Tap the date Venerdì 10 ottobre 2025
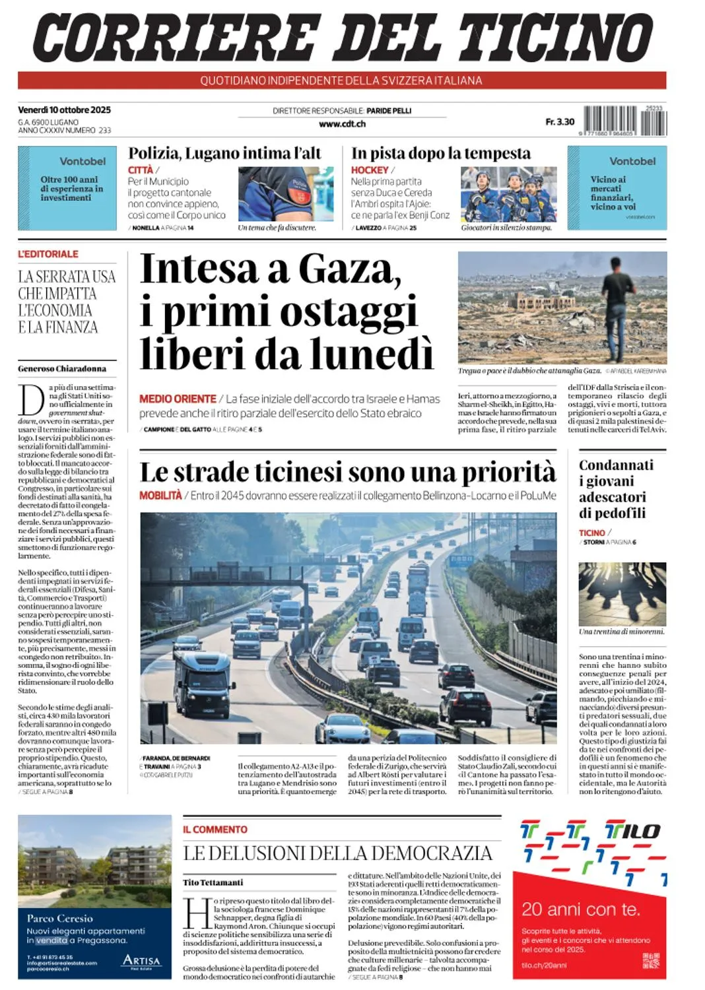pyautogui.click(x=64, y=110)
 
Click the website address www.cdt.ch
pyautogui.click(x=342, y=123)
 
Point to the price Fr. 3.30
pyautogui.click(x=560, y=122)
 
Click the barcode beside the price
pyautogui.click(x=624, y=121)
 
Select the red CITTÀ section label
pyautogui.click(x=140, y=170)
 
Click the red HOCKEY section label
pyautogui.click(x=370, y=170)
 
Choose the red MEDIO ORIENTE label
pyautogui.click(x=178, y=399)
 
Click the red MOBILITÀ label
pyautogui.click(x=160, y=496)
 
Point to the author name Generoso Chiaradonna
pyautogui.click(x=62, y=368)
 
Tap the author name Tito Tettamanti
pyautogui.click(x=213, y=882)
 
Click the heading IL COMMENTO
pyautogui.click(x=215, y=830)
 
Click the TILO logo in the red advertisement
pyautogui.click(x=632, y=831)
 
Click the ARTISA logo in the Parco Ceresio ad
pyautogui.click(x=141, y=961)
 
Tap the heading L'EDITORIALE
pyautogui.click(x=48, y=254)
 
